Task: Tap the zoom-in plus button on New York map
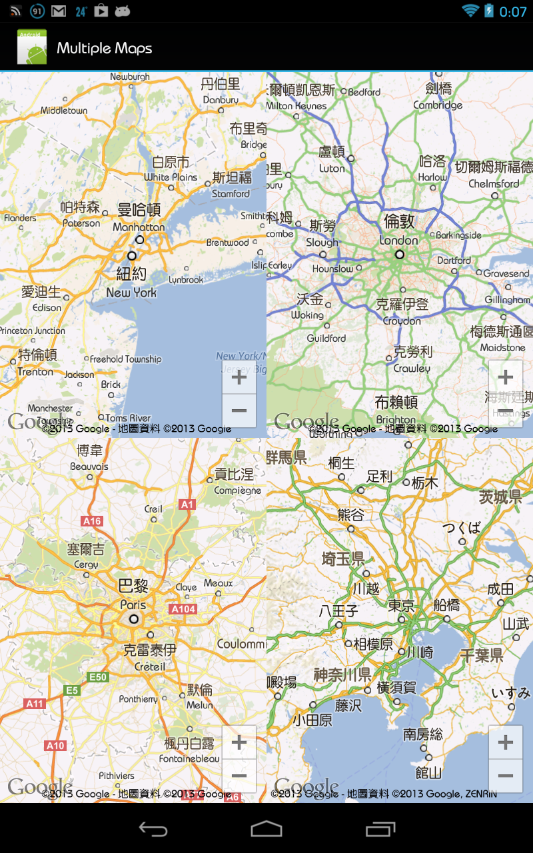click(x=239, y=378)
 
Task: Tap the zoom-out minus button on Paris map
click(x=239, y=775)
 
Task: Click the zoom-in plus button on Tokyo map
click(x=505, y=742)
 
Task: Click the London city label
click(x=399, y=240)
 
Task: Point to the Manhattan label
click(x=139, y=227)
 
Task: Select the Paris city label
click(x=133, y=604)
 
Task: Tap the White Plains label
click(x=171, y=177)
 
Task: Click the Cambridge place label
click(x=438, y=105)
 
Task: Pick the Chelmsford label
click(x=494, y=183)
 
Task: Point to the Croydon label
click(x=402, y=321)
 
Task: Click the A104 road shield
click(x=183, y=609)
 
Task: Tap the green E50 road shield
click(x=98, y=677)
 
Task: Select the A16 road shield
click(x=92, y=521)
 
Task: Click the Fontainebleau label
click(x=189, y=758)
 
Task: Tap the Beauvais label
click(x=89, y=466)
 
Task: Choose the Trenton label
click(x=35, y=372)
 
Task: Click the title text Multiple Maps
click(x=105, y=48)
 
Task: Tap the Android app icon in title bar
click(x=32, y=47)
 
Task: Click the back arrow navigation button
click(x=153, y=828)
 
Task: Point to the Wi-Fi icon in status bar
click(x=470, y=11)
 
